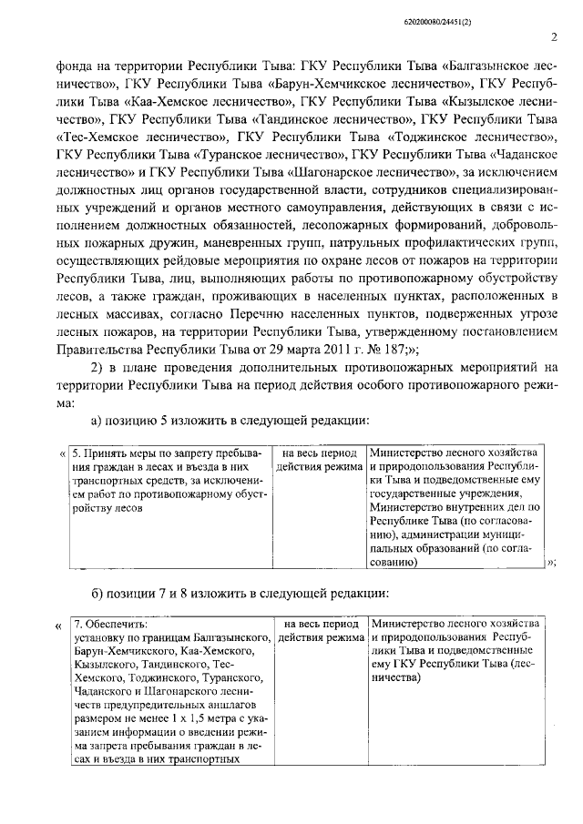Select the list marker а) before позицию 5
(x=97, y=421)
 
